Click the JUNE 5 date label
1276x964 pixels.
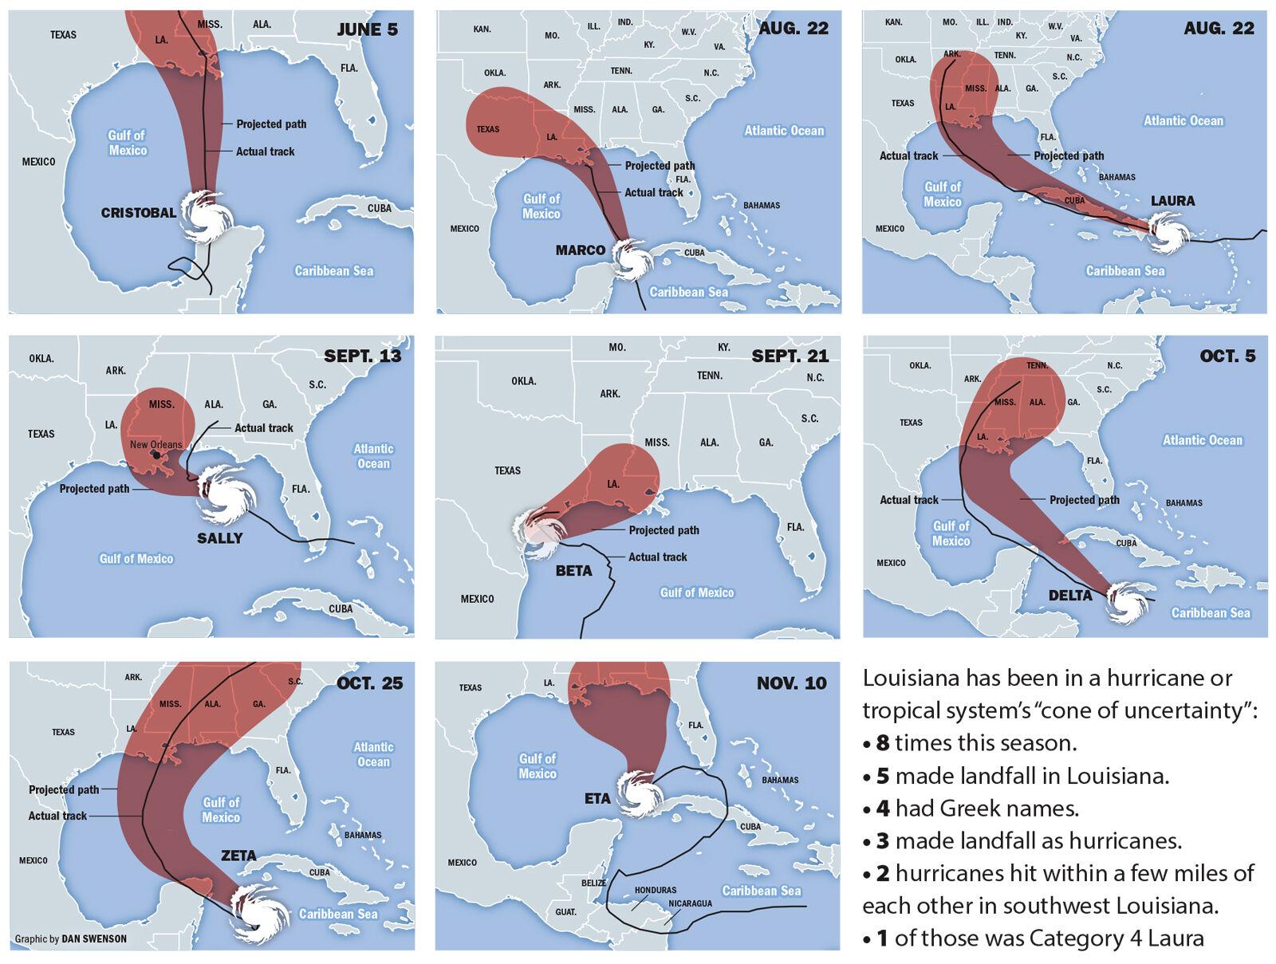click(x=367, y=30)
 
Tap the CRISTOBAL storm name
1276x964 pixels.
click(x=139, y=213)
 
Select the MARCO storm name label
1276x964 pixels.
click(x=580, y=250)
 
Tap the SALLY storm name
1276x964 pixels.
click(x=219, y=538)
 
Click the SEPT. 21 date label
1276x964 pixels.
click(x=790, y=356)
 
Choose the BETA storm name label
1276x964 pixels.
click(x=573, y=571)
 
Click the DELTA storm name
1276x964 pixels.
click(x=1070, y=596)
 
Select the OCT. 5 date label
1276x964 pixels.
click(x=1227, y=356)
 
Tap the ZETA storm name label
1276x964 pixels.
click(x=238, y=856)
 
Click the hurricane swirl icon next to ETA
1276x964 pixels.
click(x=639, y=793)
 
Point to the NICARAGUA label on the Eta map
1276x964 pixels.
click(x=690, y=903)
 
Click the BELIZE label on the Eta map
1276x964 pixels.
click(x=593, y=883)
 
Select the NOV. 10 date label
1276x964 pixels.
click(x=791, y=683)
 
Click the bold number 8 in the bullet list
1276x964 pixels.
click(x=882, y=743)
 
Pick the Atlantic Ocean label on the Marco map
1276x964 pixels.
click(x=784, y=131)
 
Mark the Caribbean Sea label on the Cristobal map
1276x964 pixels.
click(x=333, y=271)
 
